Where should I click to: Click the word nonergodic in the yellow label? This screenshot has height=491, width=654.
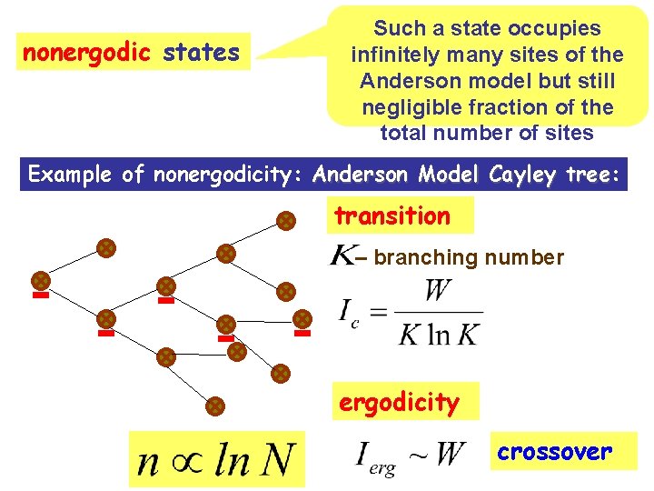pyautogui.click(x=85, y=53)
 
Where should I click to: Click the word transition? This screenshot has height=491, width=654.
pyautogui.click(x=392, y=216)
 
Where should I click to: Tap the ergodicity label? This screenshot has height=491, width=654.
pyautogui.click(x=399, y=402)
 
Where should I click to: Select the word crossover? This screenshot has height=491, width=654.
pyautogui.click(x=555, y=451)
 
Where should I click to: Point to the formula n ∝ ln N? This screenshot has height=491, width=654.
pyautogui.click(x=216, y=458)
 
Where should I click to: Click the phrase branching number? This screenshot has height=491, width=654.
pyautogui.click(x=469, y=257)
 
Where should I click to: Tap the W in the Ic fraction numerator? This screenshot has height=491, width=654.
pyautogui.click(x=438, y=293)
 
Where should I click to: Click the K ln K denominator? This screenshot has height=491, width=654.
pyautogui.click(x=439, y=335)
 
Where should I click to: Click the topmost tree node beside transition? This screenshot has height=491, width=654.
pyautogui.click(x=285, y=220)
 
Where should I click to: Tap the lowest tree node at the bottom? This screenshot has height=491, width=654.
pyautogui.click(x=214, y=406)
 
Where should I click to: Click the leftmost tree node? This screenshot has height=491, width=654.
pyautogui.click(x=41, y=280)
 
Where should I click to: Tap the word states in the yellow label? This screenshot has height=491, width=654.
pyautogui.click(x=202, y=53)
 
